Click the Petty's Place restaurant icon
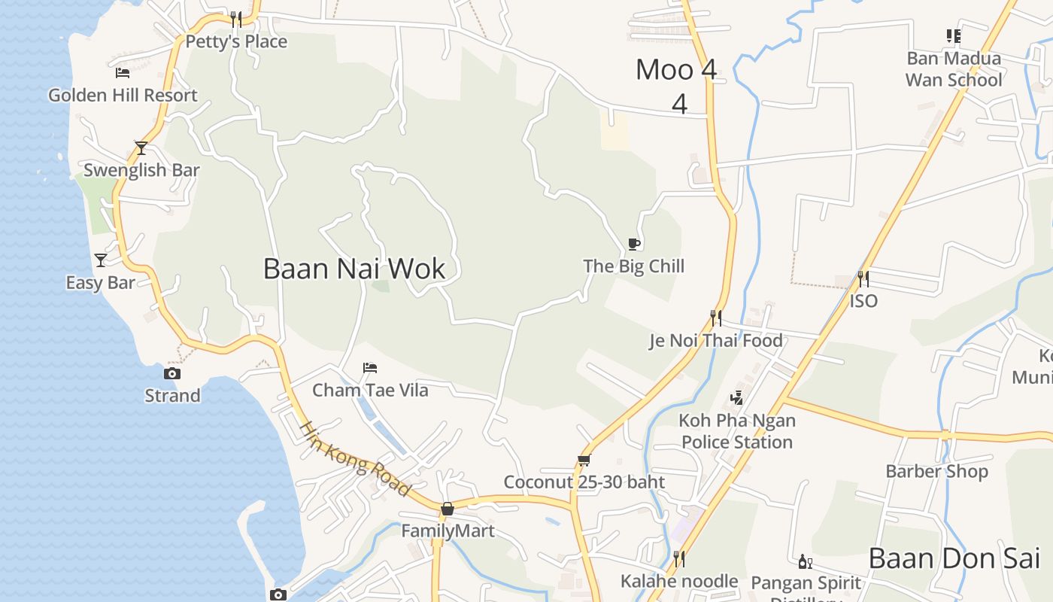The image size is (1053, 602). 236,19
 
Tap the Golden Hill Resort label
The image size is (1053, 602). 123,96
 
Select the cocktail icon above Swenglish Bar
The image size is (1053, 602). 141,147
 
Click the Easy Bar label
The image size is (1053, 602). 100,283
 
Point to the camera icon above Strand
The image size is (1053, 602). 172,373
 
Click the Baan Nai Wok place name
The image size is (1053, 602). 354,269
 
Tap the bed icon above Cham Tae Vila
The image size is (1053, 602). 369,368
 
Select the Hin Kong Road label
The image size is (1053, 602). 356,458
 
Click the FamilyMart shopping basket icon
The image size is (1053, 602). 448,509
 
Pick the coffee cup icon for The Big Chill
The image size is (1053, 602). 634,244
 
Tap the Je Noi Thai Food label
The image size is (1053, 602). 716,341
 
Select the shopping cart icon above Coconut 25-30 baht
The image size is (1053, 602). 584,460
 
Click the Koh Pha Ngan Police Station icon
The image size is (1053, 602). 736,398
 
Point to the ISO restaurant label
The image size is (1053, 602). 863,301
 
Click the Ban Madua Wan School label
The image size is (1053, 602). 954,69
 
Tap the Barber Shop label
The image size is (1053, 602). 936,472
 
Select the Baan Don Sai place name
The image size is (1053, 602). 954,558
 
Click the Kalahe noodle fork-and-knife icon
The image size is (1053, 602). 678,558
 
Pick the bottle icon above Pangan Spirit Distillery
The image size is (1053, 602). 805,561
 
